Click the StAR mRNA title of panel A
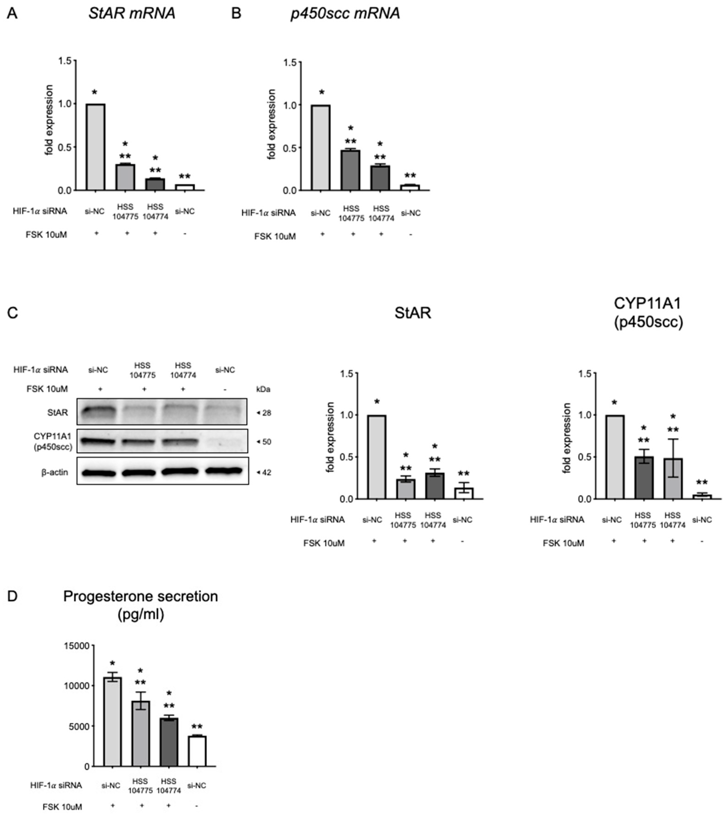[132, 13]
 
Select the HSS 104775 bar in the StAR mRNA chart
[125, 177]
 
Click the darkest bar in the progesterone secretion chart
[168, 742]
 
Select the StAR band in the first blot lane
[98, 411]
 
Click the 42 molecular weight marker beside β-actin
[266, 472]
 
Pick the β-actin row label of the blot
[55, 472]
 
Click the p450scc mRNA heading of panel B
[345, 13]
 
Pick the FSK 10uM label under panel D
[62, 807]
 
